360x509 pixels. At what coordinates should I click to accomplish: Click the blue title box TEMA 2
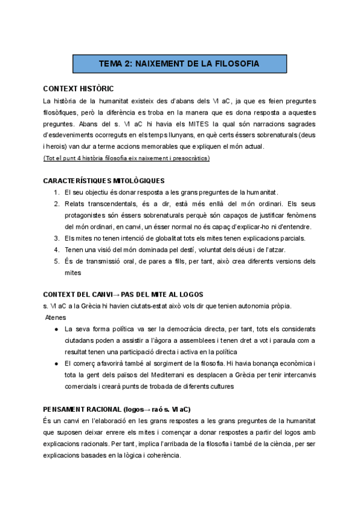(179, 63)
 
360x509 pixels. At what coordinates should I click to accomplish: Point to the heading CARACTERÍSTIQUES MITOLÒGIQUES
(104, 181)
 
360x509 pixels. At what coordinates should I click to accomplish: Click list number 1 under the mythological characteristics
(56, 192)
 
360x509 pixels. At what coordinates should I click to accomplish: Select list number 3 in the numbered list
(56, 238)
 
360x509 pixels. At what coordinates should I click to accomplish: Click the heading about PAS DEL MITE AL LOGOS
(124, 294)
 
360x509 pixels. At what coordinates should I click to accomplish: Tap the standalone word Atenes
(56, 318)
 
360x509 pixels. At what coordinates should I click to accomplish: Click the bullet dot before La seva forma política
(56, 329)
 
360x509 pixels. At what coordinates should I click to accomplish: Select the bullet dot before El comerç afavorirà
(56, 363)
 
